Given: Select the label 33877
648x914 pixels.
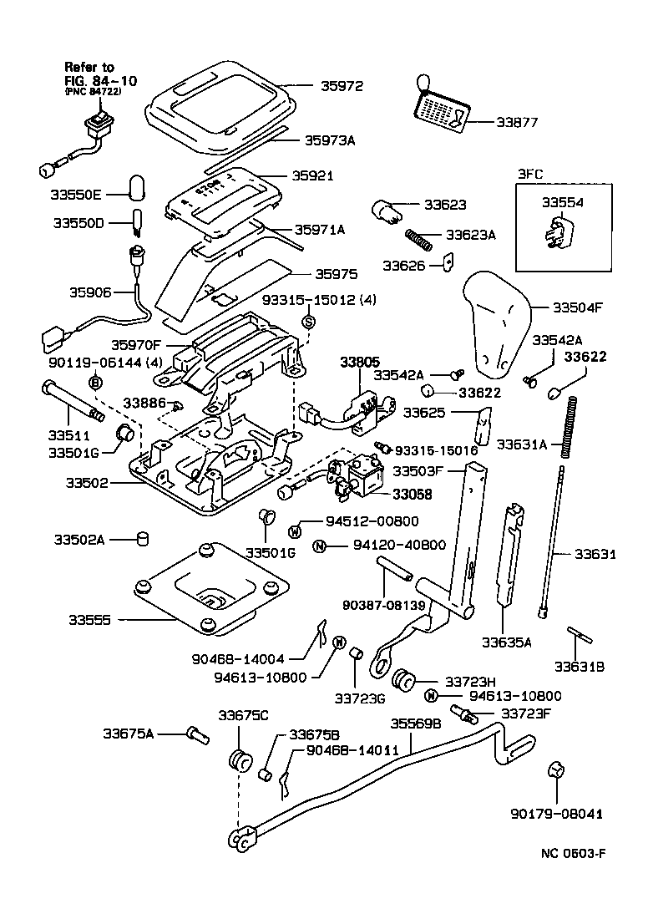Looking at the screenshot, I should tap(517, 122).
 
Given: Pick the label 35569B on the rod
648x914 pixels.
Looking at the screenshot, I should tap(415, 724).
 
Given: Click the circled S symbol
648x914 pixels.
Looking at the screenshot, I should tap(308, 322).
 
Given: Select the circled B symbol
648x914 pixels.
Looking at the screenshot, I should tap(95, 382).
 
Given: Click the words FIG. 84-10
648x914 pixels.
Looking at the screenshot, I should tap(101, 80).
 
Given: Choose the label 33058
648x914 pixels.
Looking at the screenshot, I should tap(414, 495).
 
